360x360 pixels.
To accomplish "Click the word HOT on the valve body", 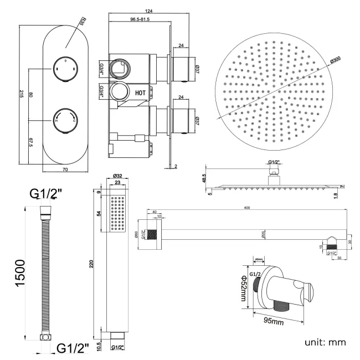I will click(x=141, y=94).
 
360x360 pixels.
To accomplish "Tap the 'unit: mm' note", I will click(x=325, y=342).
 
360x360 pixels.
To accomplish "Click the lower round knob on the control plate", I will click(x=65, y=120).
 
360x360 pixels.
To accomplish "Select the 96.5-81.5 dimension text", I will click(x=140, y=19).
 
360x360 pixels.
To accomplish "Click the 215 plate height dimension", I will click(x=21, y=94).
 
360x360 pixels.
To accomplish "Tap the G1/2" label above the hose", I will click(x=46, y=193).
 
